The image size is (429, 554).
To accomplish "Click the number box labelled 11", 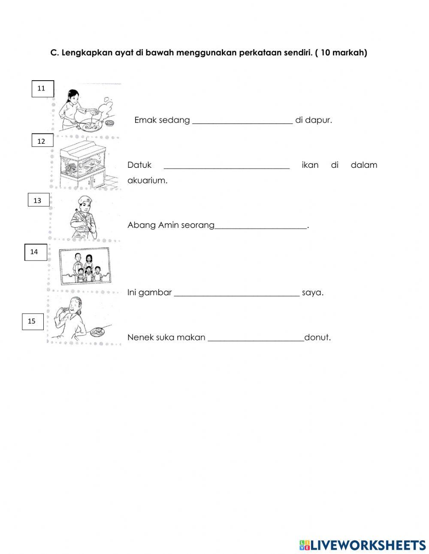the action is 43,88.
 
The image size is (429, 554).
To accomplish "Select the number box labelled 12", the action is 42,140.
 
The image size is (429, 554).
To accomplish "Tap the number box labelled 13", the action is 39,200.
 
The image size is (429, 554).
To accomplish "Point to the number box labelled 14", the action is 36,252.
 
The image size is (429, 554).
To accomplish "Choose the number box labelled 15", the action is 33,321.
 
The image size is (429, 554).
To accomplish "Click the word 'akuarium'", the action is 147,181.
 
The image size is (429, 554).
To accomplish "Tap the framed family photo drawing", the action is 85,266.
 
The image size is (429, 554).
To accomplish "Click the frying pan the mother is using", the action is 91,126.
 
